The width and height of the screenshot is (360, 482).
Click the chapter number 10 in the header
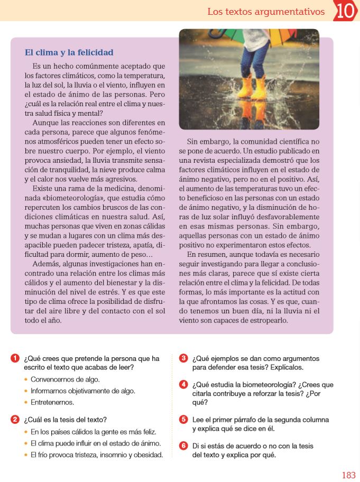(346, 11)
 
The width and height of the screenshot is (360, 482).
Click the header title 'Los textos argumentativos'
(266, 11)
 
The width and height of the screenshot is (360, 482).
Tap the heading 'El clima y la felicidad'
(69, 53)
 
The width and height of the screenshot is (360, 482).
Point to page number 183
(348, 475)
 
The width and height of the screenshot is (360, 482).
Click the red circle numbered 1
(15, 358)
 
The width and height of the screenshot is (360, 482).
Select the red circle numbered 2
(15, 420)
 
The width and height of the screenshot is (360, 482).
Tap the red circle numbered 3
(183, 358)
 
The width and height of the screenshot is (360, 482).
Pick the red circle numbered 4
(183, 384)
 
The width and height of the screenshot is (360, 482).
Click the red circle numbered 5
(183, 420)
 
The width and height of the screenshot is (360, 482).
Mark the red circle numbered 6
(183, 446)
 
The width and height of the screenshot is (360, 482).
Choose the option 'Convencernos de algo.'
(65, 379)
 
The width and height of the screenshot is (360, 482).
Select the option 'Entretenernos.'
(52, 402)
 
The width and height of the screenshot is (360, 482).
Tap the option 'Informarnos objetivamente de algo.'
(83, 391)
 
